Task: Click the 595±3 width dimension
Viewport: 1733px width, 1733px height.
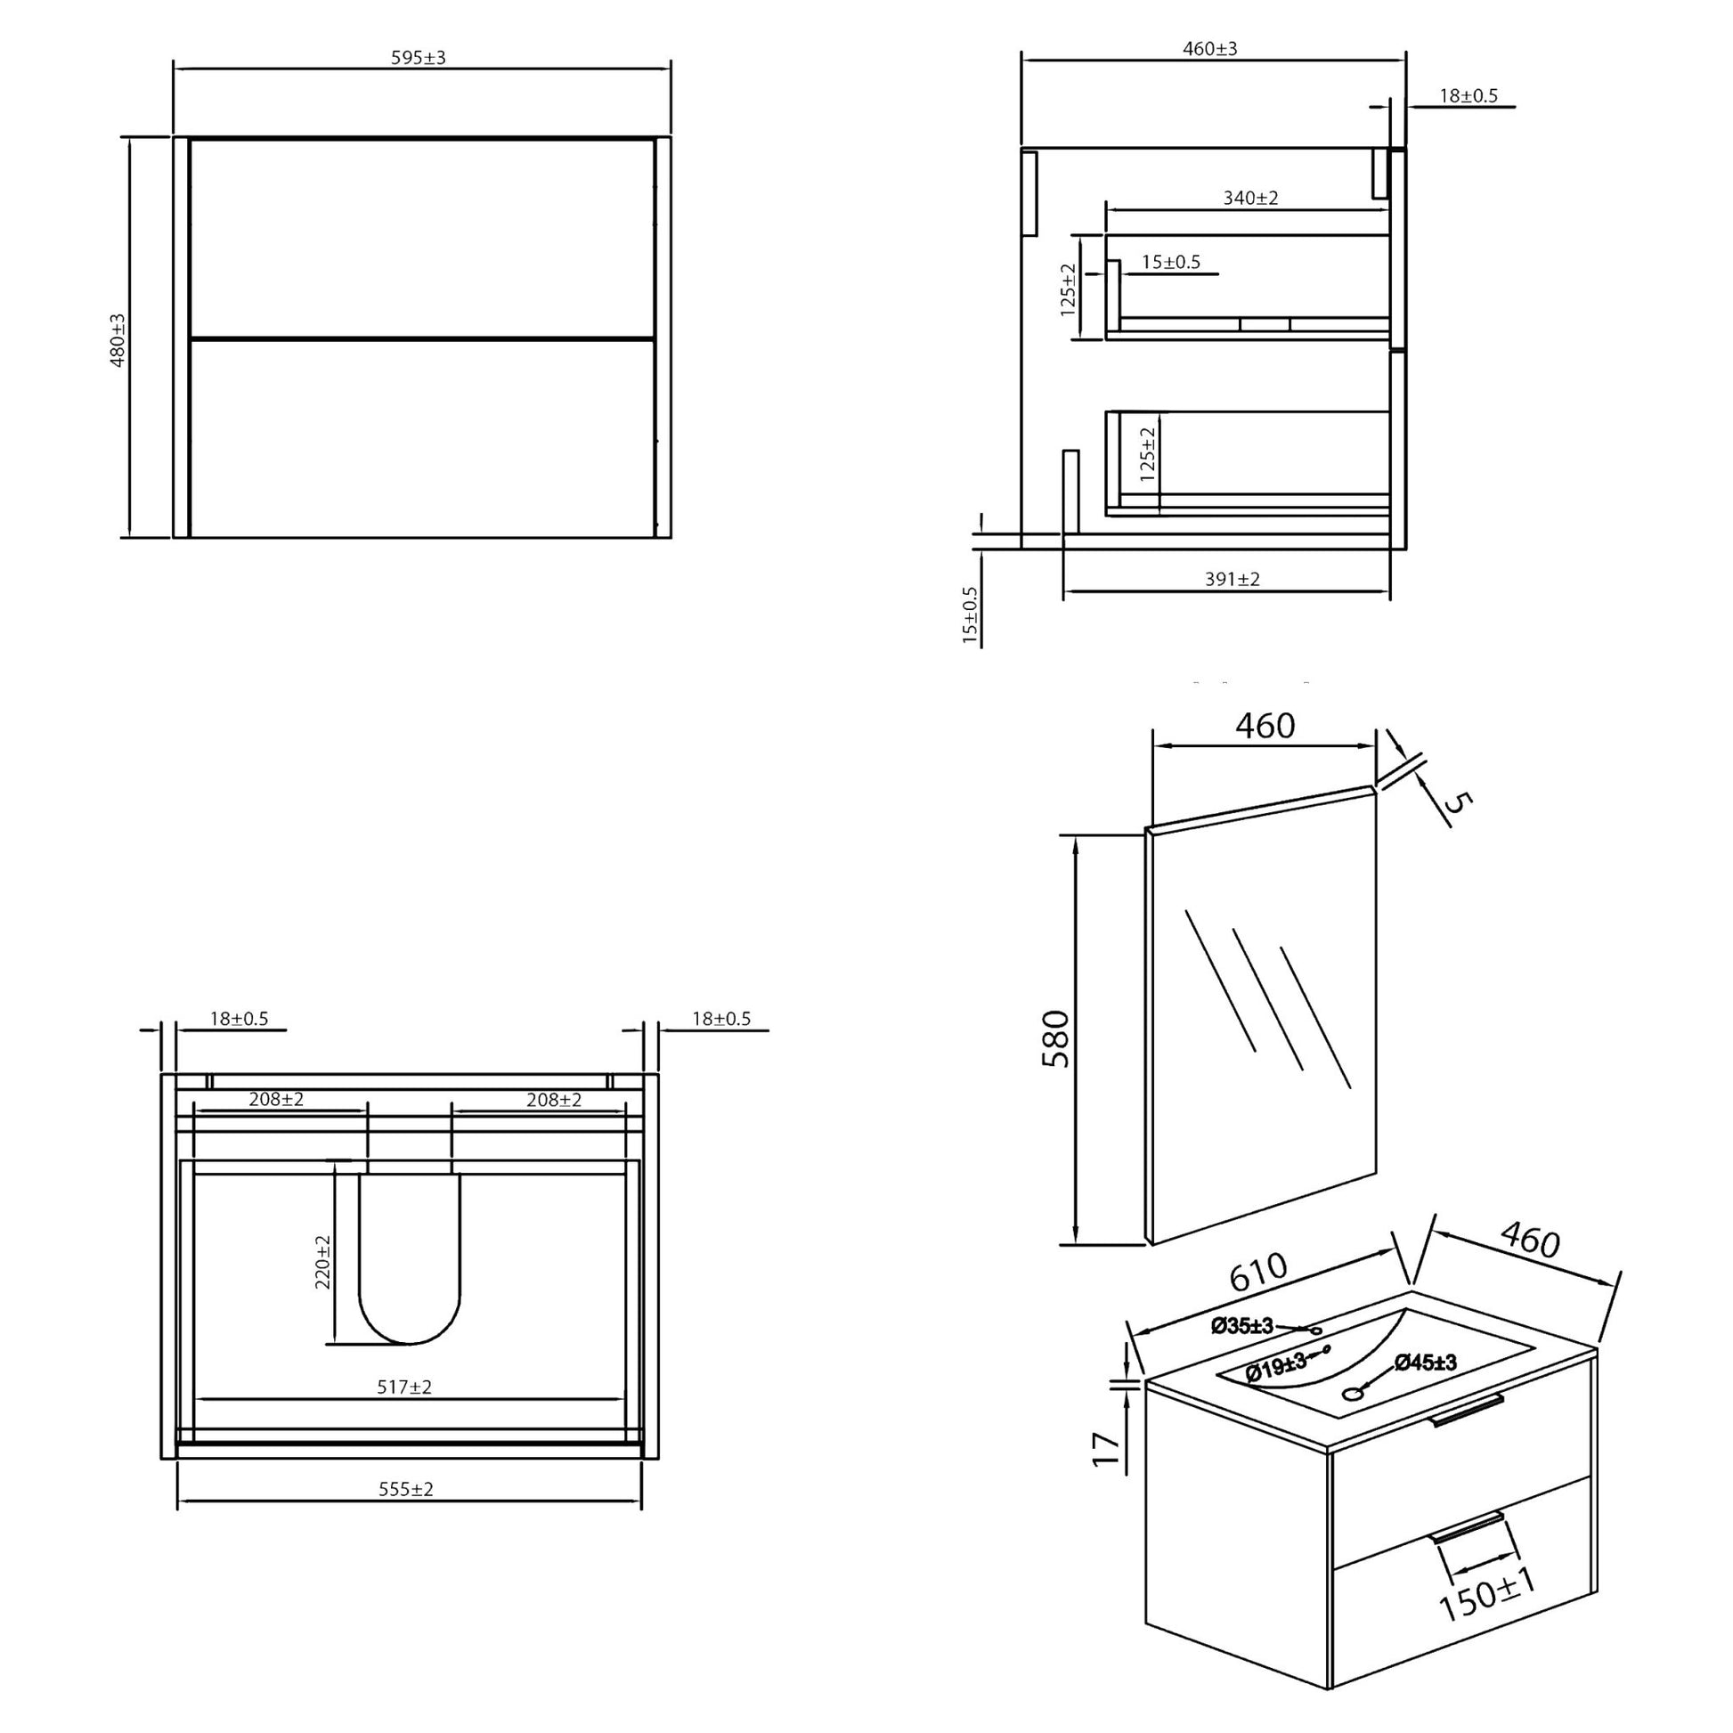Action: coord(418,58)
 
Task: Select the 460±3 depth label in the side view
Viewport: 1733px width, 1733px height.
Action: coord(1209,49)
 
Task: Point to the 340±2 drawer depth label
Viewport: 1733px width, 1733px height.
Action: coord(1250,199)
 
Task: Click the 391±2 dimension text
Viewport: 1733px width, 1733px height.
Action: coord(1232,580)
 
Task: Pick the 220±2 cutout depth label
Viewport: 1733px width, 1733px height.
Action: coord(324,1262)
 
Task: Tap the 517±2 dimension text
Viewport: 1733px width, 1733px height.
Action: coord(404,1387)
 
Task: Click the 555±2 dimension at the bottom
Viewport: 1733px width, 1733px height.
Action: coord(405,1489)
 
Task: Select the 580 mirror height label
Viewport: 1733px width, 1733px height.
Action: coord(1056,1038)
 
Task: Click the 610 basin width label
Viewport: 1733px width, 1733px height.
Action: coord(1257,1272)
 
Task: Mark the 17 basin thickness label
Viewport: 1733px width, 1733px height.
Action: coord(1107,1450)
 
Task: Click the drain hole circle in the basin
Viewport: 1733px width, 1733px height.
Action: coord(1352,1393)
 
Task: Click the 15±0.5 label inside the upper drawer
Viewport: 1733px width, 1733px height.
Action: coord(1170,263)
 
